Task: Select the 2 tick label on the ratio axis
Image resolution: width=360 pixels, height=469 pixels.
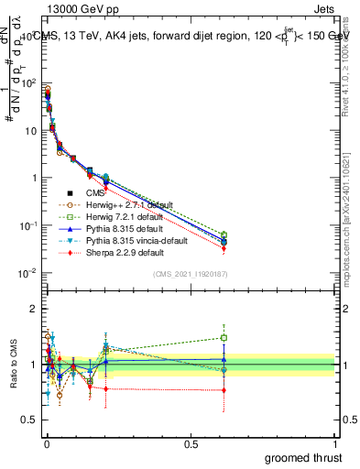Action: pos(34,308)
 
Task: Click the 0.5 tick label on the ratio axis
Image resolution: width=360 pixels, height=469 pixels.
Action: pos(29,420)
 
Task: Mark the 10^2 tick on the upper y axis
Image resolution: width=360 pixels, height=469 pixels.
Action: pos(27,82)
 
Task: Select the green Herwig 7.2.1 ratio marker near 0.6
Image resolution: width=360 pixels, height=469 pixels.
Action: pos(224,337)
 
